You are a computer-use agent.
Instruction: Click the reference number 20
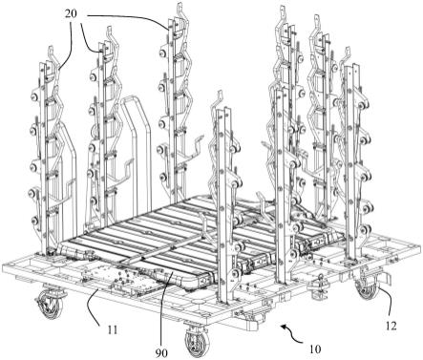tap(72, 14)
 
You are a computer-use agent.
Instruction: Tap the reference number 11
tap(112, 329)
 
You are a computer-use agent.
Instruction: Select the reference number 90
tap(162, 352)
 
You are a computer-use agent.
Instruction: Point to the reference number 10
tap(315, 349)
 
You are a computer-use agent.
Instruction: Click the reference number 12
tap(391, 326)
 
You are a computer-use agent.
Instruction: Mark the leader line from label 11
tap(94, 306)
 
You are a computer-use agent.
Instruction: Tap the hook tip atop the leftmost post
tap(51, 48)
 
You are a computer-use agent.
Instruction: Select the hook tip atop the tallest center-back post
tap(180, 5)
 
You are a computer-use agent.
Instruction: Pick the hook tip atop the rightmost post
tap(348, 49)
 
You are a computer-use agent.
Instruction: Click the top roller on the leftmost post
tap(34, 96)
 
